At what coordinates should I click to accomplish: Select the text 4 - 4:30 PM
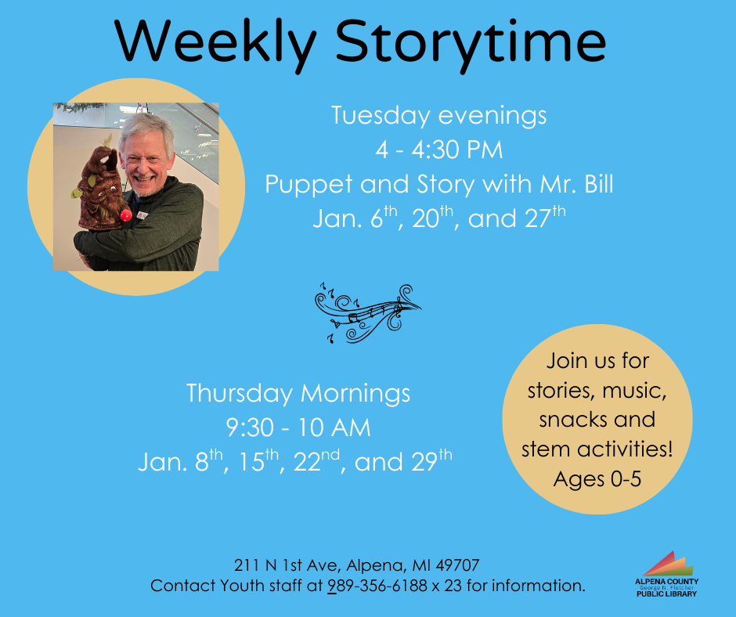438,150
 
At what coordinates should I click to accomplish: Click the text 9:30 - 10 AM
298,428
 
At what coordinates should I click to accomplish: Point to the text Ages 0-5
597,478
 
